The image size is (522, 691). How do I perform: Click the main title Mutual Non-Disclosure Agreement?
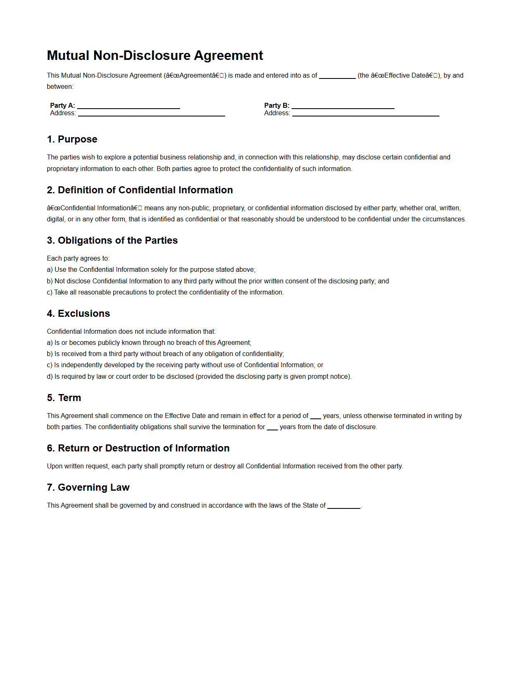[155, 55]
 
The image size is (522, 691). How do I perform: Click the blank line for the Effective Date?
[337, 76]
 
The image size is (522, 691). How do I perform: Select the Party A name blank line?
[129, 107]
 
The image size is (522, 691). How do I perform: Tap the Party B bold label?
[276, 105]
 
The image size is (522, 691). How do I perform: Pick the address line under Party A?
[151, 114]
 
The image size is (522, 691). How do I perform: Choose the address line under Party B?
[365, 114]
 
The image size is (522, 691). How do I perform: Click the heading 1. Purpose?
[72, 139]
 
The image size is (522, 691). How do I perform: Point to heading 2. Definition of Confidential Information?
[140, 190]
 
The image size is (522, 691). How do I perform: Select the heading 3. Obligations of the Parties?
[112, 240]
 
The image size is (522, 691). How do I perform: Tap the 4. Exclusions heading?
[79, 313]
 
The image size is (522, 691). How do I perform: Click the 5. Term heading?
[64, 398]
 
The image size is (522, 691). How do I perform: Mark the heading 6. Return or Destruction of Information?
[138, 448]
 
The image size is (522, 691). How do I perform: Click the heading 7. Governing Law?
[88, 487]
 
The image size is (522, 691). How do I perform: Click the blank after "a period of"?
[315, 417]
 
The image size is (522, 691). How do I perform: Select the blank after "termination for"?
[272, 428]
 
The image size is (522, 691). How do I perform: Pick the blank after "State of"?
[343, 506]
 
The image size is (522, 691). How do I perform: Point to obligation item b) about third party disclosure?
[218, 281]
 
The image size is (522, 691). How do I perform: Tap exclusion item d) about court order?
[199, 376]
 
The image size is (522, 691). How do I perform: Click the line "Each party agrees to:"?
[78, 258]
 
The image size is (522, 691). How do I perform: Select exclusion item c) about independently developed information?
[185, 365]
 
